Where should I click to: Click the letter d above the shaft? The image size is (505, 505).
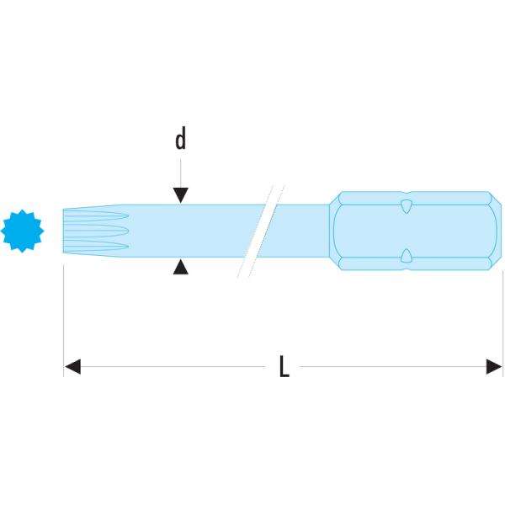click(180, 140)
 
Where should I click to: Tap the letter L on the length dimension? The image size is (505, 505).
click(284, 366)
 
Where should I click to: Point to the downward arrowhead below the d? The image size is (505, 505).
click(180, 194)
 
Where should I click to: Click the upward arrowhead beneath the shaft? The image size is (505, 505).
click(180, 267)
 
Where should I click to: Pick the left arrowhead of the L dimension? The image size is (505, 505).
click(72, 366)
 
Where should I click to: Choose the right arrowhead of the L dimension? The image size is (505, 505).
click(496, 366)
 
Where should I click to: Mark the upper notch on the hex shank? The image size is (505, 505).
click(406, 205)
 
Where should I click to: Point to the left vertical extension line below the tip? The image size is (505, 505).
click(64, 320)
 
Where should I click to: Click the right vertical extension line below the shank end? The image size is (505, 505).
click(503, 320)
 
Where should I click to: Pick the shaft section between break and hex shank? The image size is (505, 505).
click(299, 230)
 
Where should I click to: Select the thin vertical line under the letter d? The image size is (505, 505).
click(180, 173)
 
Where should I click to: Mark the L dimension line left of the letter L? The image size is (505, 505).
click(168, 366)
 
